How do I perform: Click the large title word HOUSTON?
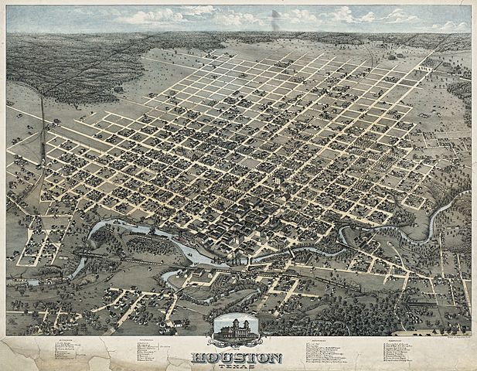click(x=237, y=358)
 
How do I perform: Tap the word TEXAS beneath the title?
click(x=237, y=366)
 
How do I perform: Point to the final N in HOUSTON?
click(x=274, y=358)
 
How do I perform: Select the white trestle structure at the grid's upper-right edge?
click(x=423, y=69)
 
